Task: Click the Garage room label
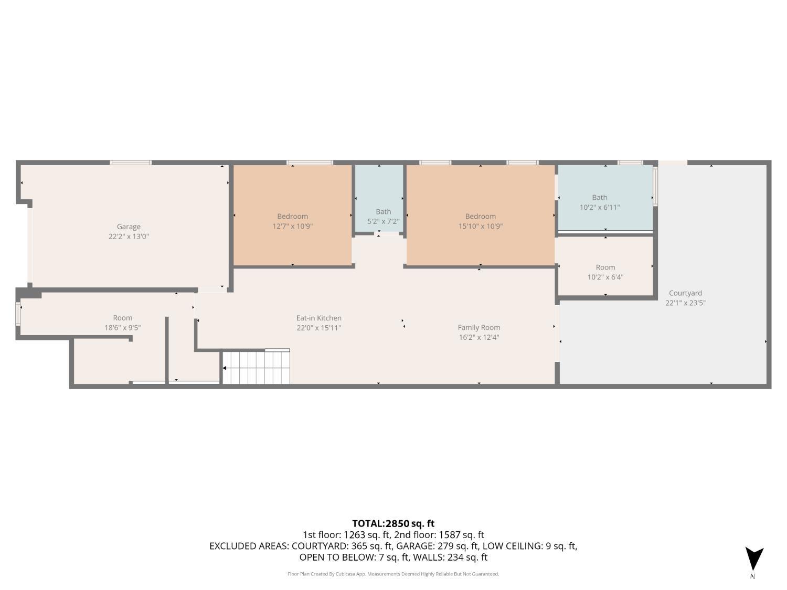(x=129, y=227)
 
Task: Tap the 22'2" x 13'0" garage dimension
(x=129, y=237)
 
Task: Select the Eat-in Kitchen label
(x=318, y=318)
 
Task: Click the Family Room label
(x=478, y=327)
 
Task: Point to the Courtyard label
(x=685, y=293)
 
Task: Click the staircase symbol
(x=257, y=368)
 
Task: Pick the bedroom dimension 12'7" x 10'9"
(x=292, y=227)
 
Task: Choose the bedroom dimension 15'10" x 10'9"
(x=480, y=227)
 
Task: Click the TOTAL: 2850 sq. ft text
(x=393, y=523)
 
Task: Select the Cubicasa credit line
(x=393, y=574)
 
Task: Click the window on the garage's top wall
(x=131, y=163)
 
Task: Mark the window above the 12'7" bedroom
(x=310, y=163)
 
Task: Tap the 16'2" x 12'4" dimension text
(x=478, y=337)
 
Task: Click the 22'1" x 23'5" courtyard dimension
(x=685, y=303)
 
